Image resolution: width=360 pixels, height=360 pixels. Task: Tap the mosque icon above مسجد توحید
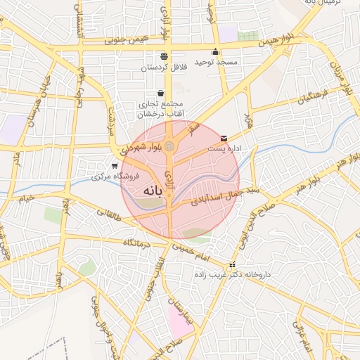tap(215, 52)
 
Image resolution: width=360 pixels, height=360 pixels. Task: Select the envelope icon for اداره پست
tap(224, 138)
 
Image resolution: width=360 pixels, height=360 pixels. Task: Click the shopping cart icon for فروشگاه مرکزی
tap(114, 166)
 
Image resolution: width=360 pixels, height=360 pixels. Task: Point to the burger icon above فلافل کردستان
tap(164, 56)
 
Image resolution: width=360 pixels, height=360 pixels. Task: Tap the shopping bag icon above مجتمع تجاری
tap(161, 93)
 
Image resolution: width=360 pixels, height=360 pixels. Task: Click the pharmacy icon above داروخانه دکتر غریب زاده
tap(233, 265)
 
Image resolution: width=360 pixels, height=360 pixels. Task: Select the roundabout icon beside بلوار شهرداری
tap(169, 146)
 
